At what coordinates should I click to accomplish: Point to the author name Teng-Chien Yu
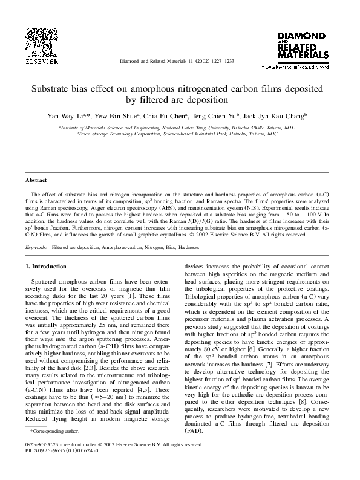pos(216,114)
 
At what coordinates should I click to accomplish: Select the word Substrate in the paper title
pos(56,88)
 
